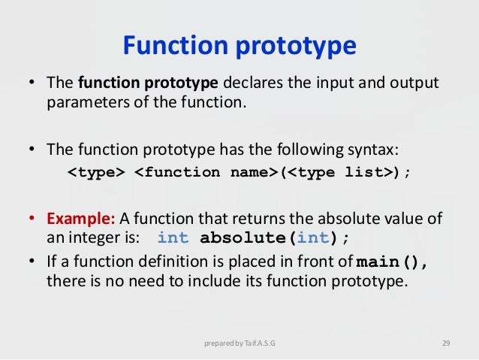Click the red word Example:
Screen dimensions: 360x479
point(81,219)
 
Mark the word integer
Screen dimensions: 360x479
point(86,240)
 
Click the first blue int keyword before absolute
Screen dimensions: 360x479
point(173,240)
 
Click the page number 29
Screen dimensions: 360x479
point(445,344)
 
